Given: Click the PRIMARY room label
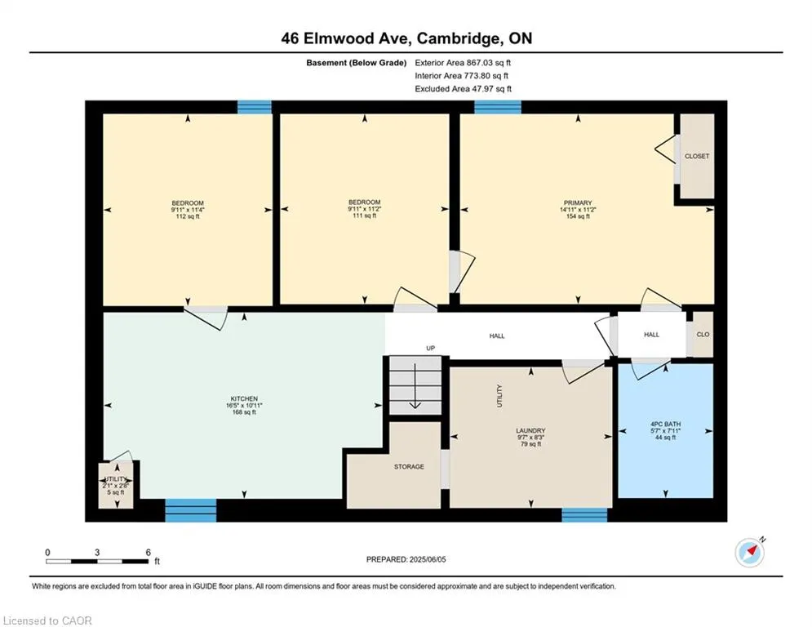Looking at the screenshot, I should point(577,203).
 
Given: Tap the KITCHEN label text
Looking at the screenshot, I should point(244,399).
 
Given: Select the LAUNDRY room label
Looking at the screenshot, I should point(530,431).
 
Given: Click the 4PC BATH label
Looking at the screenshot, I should point(666,424).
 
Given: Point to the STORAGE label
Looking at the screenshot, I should point(409,467).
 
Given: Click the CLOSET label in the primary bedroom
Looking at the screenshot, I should point(697,156).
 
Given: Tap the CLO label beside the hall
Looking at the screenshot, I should point(703,335).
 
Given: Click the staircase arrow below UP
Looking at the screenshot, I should point(415,387).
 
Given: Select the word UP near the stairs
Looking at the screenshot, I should point(431,349).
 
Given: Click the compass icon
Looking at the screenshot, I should point(749,553).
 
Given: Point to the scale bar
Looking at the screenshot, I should point(97,561).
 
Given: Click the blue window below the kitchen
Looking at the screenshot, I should point(191,510).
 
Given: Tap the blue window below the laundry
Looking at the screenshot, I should point(584,514).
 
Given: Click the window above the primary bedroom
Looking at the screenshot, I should point(498,107).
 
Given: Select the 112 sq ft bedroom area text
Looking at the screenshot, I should point(187,217).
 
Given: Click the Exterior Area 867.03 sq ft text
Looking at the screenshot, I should point(463,62).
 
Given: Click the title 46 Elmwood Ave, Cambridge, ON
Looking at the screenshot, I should point(406,38).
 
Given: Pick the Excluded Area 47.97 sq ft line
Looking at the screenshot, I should point(463,89).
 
